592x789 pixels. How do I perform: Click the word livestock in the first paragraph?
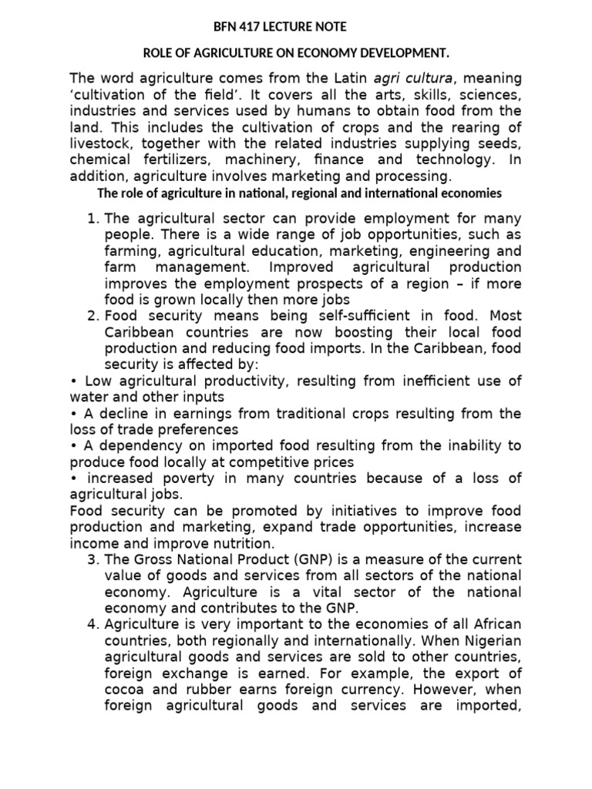(99, 144)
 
